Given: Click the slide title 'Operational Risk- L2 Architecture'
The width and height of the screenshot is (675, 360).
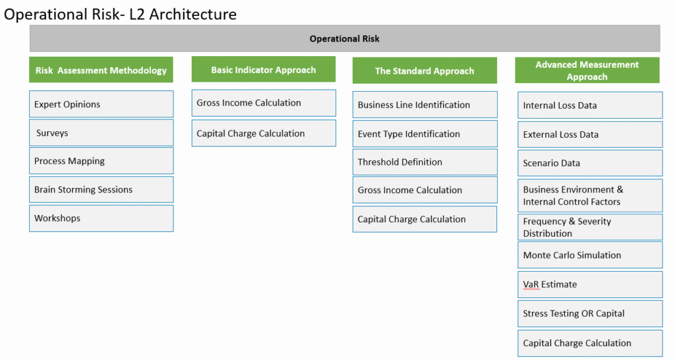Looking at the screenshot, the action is [x=120, y=15].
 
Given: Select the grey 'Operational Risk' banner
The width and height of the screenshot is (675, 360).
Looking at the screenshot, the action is [x=344, y=38].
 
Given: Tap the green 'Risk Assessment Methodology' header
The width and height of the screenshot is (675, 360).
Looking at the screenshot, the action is [x=101, y=70].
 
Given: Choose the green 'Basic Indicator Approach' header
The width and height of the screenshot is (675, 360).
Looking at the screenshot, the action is [x=264, y=69].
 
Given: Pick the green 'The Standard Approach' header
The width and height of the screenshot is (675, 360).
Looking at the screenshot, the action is [x=425, y=71].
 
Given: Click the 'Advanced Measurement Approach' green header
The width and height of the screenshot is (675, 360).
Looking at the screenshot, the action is [x=587, y=70].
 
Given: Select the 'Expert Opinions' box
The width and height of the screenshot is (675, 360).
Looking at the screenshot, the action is [x=101, y=104].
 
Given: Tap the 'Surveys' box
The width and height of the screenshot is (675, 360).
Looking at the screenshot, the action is [x=101, y=133].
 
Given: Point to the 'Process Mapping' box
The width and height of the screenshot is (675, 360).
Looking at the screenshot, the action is [x=101, y=161].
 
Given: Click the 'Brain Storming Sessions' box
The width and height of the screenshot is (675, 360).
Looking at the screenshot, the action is [x=101, y=189].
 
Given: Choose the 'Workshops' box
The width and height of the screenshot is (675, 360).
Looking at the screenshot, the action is [x=101, y=218].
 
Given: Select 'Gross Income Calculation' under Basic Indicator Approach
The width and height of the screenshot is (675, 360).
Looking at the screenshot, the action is [x=264, y=103].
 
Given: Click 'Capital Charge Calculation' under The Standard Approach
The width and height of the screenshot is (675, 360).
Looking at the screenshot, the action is [x=425, y=219].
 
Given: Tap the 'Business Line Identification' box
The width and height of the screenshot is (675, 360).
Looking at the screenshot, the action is [x=425, y=105].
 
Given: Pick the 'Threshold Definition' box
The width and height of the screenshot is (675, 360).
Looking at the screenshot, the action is [x=425, y=162].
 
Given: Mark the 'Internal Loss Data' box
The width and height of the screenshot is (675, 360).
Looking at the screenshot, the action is [x=590, y=105].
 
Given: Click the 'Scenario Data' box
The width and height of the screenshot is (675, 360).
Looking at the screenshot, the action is [x=590, y=163].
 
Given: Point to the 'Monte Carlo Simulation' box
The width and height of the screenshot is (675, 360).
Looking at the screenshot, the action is [x=590, y=255].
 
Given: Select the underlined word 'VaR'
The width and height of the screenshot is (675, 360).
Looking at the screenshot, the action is [x=531, y=285].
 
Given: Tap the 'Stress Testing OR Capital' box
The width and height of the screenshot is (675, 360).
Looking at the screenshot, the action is [x=590, y=313].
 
